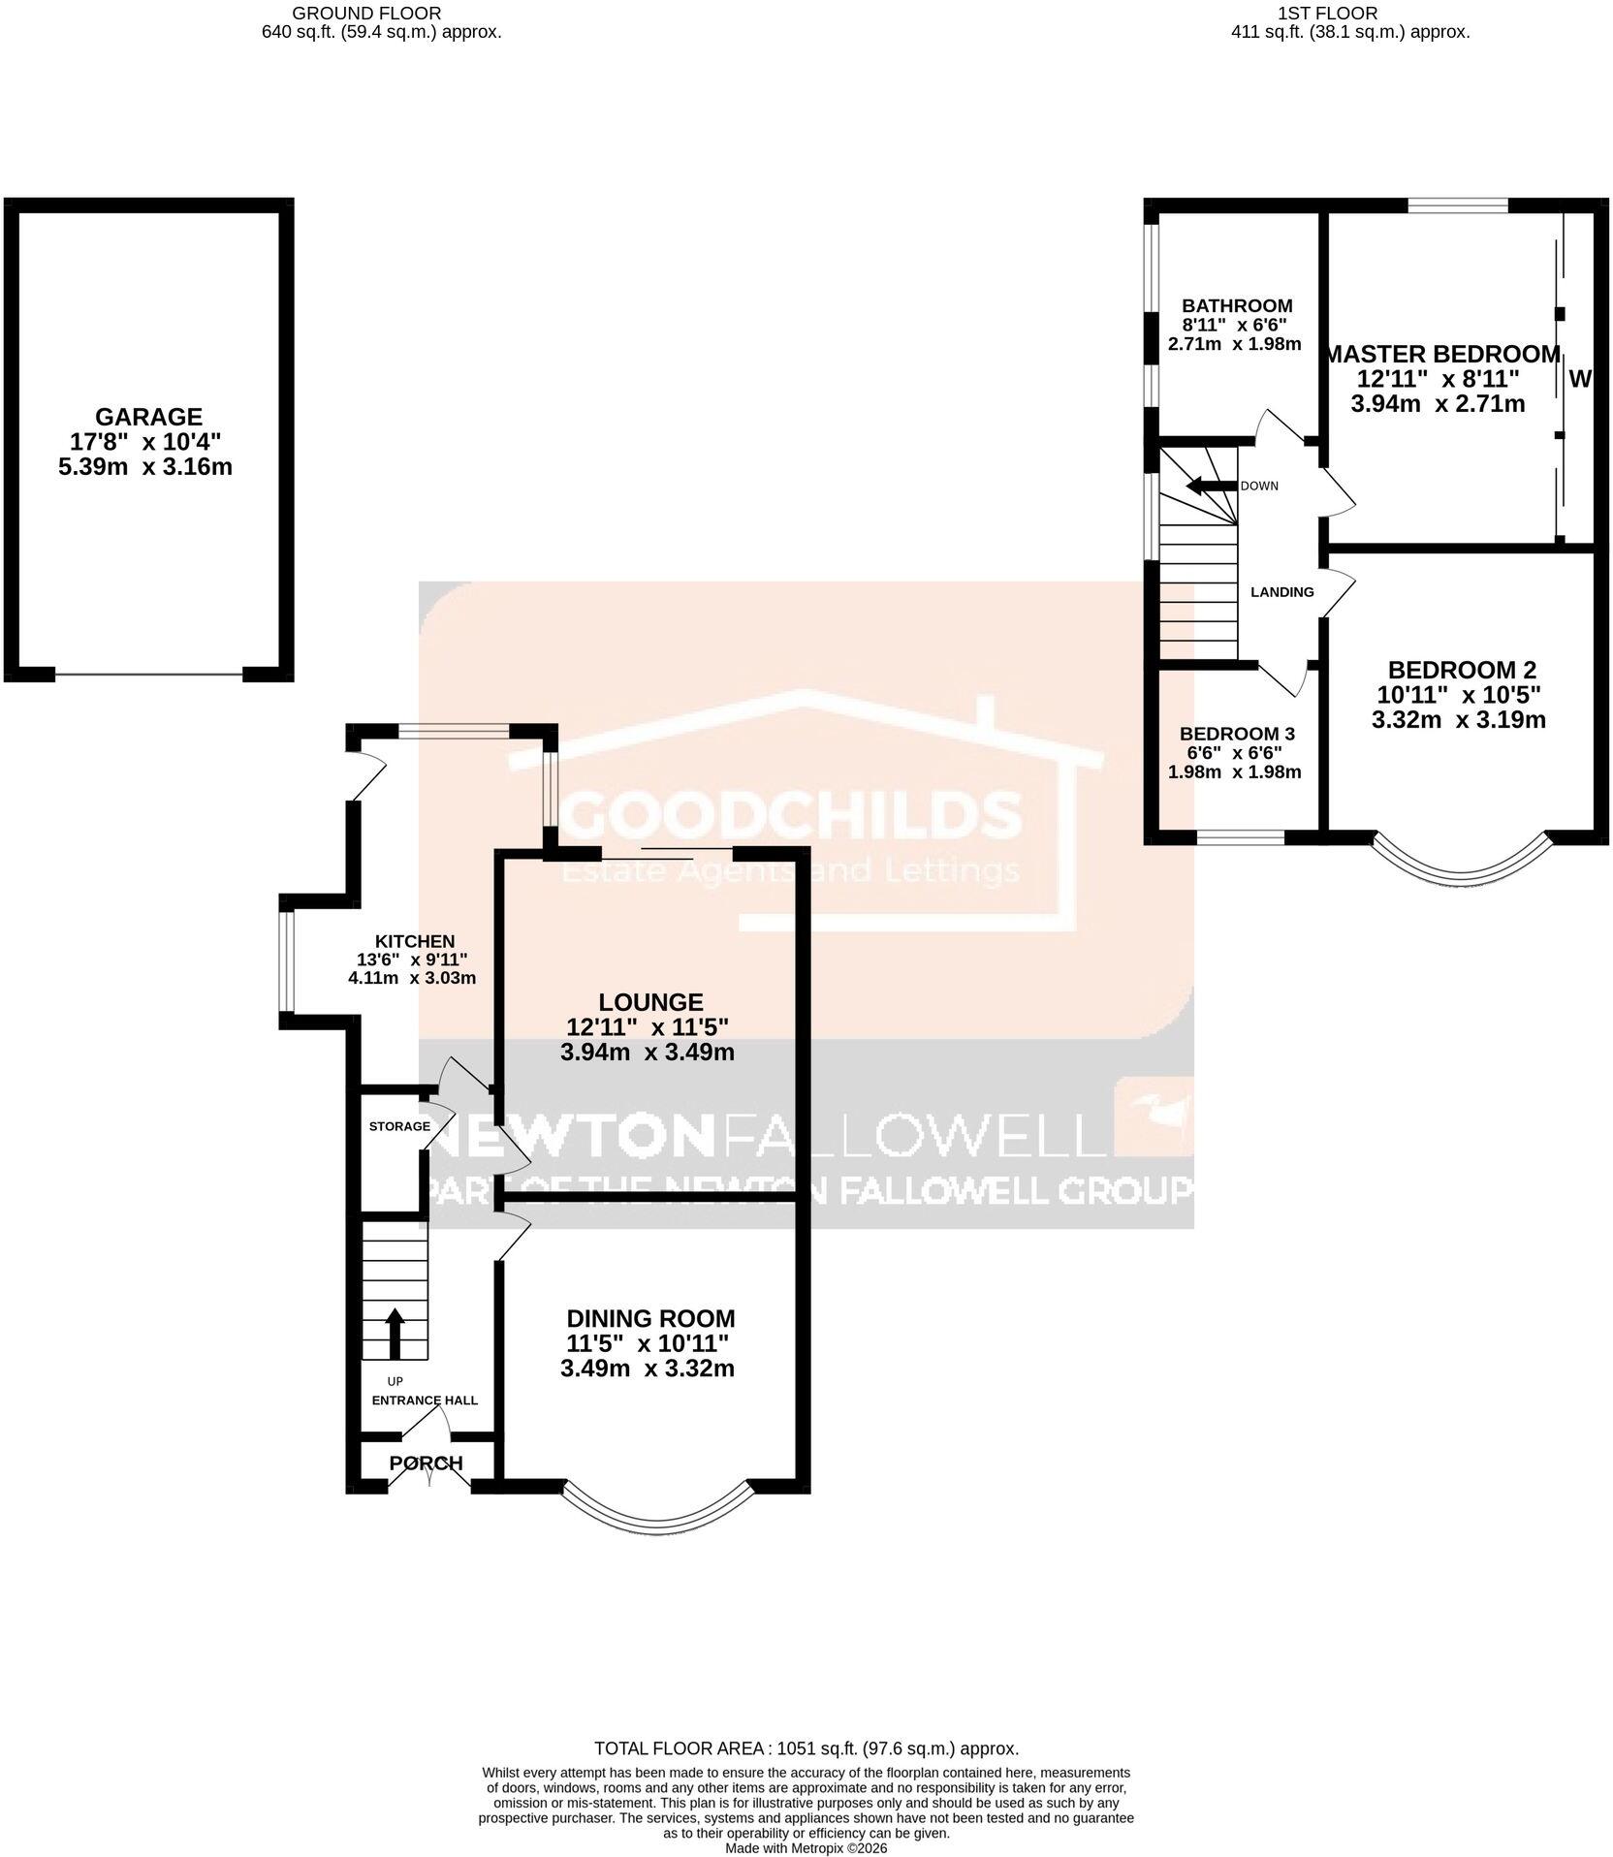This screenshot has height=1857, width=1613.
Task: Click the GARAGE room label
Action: pos(149,417)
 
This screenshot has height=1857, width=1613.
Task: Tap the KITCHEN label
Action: pos(415,941)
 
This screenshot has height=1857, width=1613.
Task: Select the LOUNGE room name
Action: pos(650,1002)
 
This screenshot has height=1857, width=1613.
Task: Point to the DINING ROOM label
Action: pos(650,1318)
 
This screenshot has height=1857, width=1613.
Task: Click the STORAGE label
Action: pos(399,1126)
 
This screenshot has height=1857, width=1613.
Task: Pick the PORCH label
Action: pos(427,1463)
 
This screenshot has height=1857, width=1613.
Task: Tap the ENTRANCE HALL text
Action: pos(426,1401)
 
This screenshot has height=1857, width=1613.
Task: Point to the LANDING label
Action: pos(1282,592)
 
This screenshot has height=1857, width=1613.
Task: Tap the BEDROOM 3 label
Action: pos(1237,734)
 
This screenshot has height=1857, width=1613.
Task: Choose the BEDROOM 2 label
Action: pos(1462,670)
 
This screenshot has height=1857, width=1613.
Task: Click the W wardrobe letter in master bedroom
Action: pos(1579,380)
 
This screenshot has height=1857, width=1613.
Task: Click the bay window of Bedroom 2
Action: pos(1462,865)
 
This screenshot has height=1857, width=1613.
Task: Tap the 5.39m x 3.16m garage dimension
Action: pos(149,467)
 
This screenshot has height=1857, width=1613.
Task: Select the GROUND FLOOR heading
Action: pos(366,14)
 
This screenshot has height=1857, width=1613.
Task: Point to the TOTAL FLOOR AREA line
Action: pos(806,1749)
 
